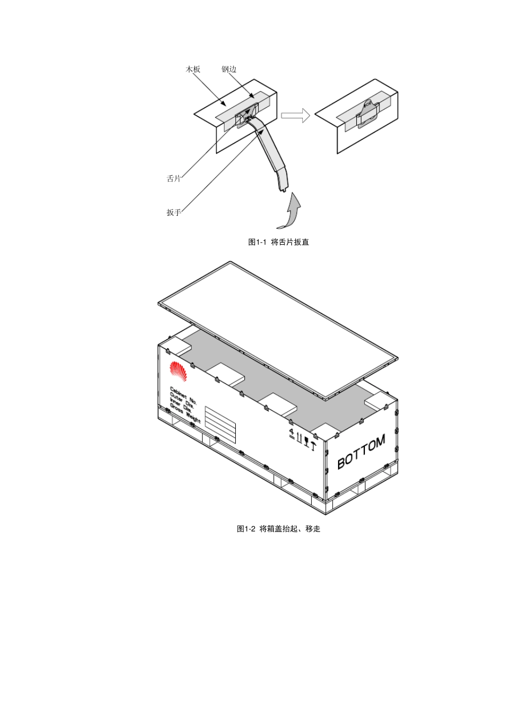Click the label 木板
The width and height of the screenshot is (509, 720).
193,69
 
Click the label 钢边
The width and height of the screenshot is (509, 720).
229,69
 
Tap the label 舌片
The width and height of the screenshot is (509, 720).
174,178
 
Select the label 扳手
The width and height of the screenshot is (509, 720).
174,213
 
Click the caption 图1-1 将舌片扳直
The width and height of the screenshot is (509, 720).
279,242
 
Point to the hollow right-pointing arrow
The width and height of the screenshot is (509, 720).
296,115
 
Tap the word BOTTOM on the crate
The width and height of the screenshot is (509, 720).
361,452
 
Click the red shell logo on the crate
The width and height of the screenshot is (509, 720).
178,371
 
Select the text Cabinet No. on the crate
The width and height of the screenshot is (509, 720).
183,395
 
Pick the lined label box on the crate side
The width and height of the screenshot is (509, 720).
220,425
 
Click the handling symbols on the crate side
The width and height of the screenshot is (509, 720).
303,439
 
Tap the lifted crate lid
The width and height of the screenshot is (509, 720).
278,331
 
